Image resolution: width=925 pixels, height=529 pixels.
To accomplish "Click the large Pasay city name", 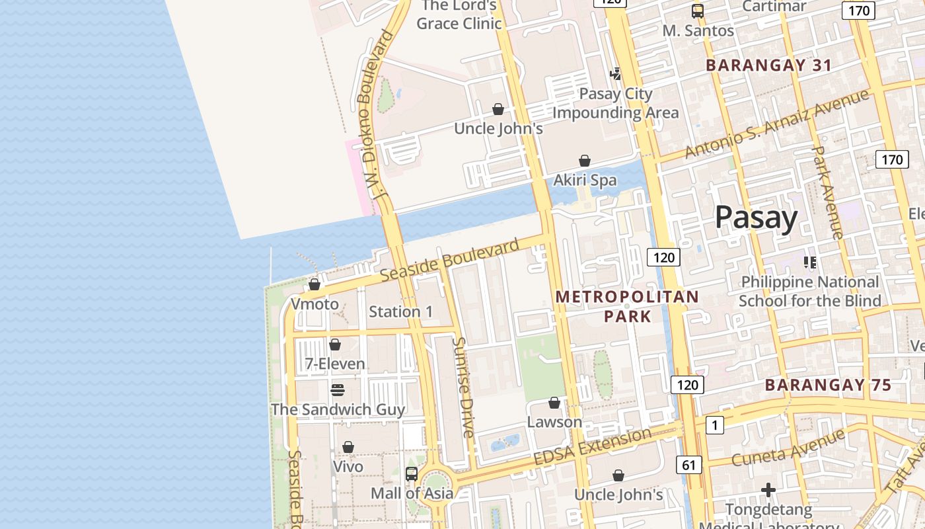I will pos(756,218).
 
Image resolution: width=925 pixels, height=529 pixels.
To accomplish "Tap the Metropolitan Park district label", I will pos(626,306).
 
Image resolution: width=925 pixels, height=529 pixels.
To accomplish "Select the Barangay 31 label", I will pos(768,65).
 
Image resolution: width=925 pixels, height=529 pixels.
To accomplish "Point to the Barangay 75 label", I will pos(828,385).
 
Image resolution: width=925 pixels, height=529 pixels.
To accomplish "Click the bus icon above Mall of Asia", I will pos(411,473).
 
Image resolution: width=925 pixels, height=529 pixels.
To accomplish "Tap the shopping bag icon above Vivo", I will pos(348,448).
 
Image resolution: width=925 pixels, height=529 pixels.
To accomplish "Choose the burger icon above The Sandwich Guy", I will pos(338,390).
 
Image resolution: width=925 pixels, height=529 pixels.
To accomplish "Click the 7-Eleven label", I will pos(335,364).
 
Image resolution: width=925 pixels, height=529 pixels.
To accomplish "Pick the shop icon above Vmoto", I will pos(314,284).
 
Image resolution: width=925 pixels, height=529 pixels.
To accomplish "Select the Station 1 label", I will pos(400,311).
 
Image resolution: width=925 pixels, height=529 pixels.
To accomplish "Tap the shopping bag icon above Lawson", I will pos(554,403).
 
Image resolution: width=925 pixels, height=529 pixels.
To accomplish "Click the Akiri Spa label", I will pos(585,180).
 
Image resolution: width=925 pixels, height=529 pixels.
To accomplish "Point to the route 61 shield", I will pos(688,466).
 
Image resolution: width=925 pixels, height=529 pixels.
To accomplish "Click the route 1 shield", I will pos(714,425).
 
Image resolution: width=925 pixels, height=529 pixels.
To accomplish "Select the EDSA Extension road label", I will pos(592,448).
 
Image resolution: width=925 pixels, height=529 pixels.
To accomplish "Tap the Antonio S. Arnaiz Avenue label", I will pos(776,124).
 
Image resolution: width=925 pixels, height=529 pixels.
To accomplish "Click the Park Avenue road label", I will pos(827,192).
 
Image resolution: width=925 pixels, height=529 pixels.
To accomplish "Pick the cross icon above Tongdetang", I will pos(768,490).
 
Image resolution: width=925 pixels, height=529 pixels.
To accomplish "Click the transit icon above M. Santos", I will pos(698,11).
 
